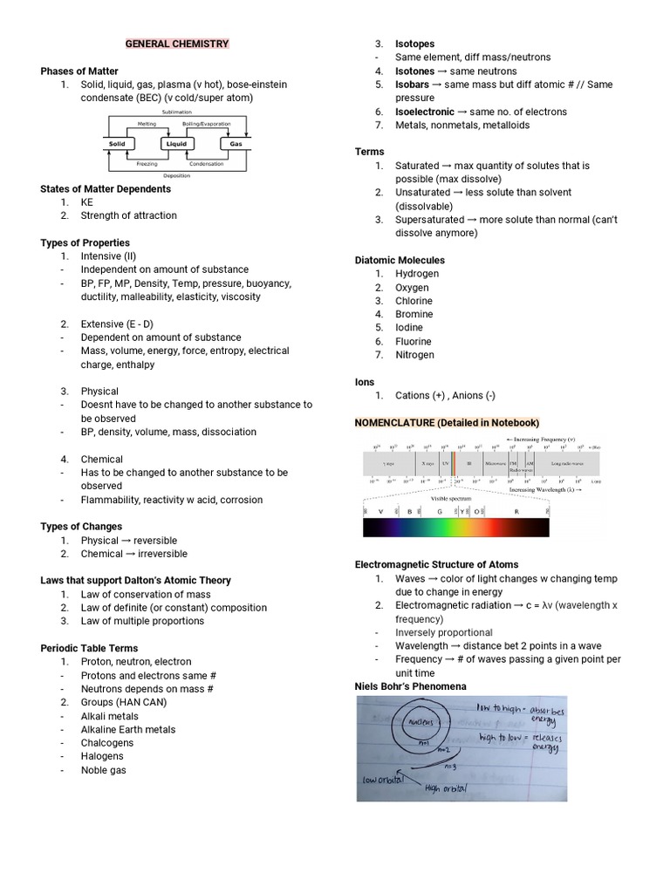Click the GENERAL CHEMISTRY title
coord(177,44)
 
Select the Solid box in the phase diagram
coord(117,144)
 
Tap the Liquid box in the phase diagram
coord(176,144)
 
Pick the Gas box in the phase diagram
coord(236,144)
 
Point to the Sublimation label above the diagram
coord(176,112)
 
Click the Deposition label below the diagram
coord(176,175)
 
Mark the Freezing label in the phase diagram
coord(147,163)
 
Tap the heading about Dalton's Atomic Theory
coord(135,580)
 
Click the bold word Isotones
coord(413,71)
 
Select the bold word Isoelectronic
coord(425,112)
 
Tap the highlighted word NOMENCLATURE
coord(394,422)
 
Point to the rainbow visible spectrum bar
coord(455,527)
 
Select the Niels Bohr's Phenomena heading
coord(411,686)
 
